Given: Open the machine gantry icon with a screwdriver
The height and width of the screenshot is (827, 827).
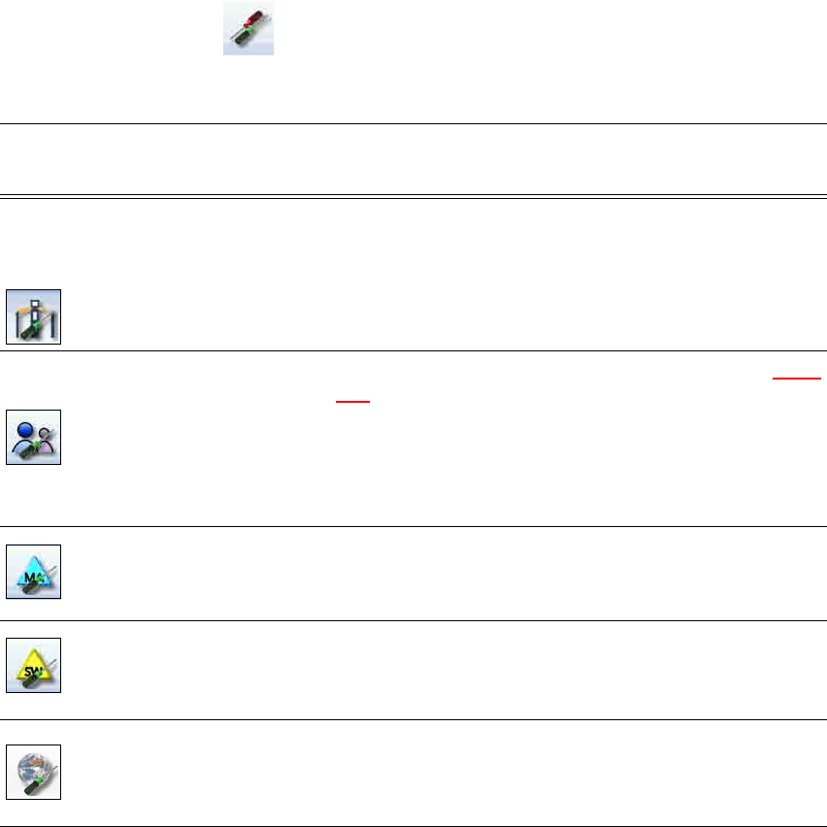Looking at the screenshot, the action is pos(34,316).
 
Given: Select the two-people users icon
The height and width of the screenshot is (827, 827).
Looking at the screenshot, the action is pos(34,437).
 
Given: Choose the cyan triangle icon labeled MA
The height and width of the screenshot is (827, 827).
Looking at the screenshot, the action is pos(34,572).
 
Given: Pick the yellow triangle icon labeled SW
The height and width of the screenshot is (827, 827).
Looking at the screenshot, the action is pos(34,665).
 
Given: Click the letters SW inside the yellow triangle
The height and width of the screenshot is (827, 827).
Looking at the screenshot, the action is pos(32,666).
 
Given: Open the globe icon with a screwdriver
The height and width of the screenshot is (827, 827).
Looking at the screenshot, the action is pos(34,772).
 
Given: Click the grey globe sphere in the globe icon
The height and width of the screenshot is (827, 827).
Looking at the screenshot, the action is pos(34,764).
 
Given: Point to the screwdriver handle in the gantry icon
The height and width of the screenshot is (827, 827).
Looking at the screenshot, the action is pos(24,331).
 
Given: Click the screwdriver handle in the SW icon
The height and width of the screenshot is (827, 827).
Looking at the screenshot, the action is pos(24,679).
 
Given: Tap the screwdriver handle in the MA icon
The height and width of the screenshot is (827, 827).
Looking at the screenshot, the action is pos(24,586).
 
